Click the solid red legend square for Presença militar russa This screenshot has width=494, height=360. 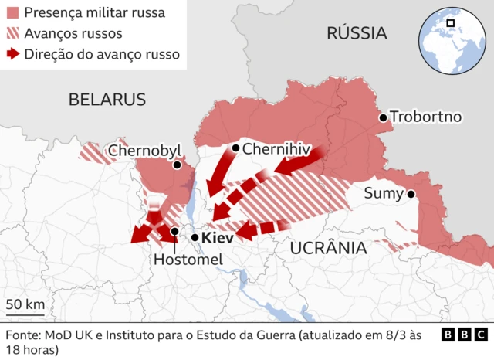[x=12, y=13]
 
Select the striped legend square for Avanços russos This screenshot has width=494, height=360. [x=12, y=34]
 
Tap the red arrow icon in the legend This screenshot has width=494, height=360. [x=12, y=55]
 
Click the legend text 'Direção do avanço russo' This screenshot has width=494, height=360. [x=102, y=55]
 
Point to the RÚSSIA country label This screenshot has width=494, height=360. [x=356, y=32]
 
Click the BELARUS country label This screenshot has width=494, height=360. [x=107, y=99]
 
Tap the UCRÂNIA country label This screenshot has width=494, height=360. [x=327, y=248]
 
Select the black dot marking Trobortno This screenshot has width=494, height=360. [x=382, y=117]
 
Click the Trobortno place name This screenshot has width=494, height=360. [x=425, y=117]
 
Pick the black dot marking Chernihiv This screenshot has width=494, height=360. [x=235, y=148]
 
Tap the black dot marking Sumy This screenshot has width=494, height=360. [x=411, y=194]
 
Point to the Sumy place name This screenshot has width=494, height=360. [x=384, y=194]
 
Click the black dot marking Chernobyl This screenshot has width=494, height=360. [x=177, y=165]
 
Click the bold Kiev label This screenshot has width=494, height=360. [x=217, y=239]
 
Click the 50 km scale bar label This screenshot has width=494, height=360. [x=25, y=304]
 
